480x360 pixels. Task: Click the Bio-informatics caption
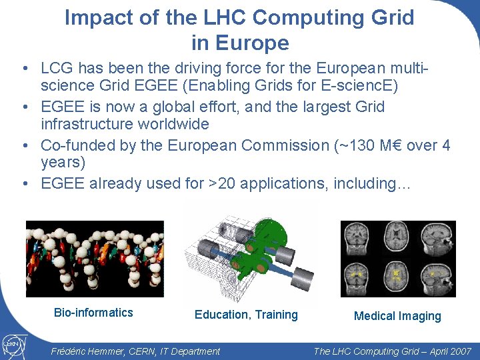coord(93,313)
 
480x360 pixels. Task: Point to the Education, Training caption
coord(246,315)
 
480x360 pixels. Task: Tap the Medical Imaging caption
coord(397,317)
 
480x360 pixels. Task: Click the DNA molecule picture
coord(94,258)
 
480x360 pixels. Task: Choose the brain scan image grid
coord(398,258)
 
